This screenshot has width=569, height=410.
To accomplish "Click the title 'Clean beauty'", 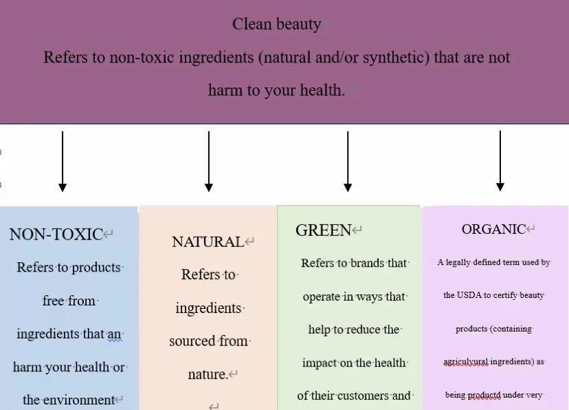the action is click(276, 25).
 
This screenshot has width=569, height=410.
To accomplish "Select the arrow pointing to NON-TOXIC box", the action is click(63, 162).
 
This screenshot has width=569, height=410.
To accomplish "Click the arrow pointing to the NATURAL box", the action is click(209, 162).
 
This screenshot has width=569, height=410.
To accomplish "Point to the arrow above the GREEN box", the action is click(348, 162).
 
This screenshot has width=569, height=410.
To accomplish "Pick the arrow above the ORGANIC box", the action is click(500, 161).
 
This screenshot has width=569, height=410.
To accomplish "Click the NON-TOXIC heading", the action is click(56, 234).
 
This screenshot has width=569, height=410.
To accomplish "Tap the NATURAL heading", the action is click(208, 242).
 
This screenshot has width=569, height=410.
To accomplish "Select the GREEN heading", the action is click(324, 230).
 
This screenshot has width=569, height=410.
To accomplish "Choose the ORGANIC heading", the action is click(493, 229).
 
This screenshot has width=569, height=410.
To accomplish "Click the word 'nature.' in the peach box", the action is click(208, 374).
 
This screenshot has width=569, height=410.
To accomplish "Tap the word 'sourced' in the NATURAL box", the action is click(192, 341).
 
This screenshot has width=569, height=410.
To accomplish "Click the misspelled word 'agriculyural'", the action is click(466, 362).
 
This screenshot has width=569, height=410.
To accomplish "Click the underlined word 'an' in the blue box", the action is click(115, 334).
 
